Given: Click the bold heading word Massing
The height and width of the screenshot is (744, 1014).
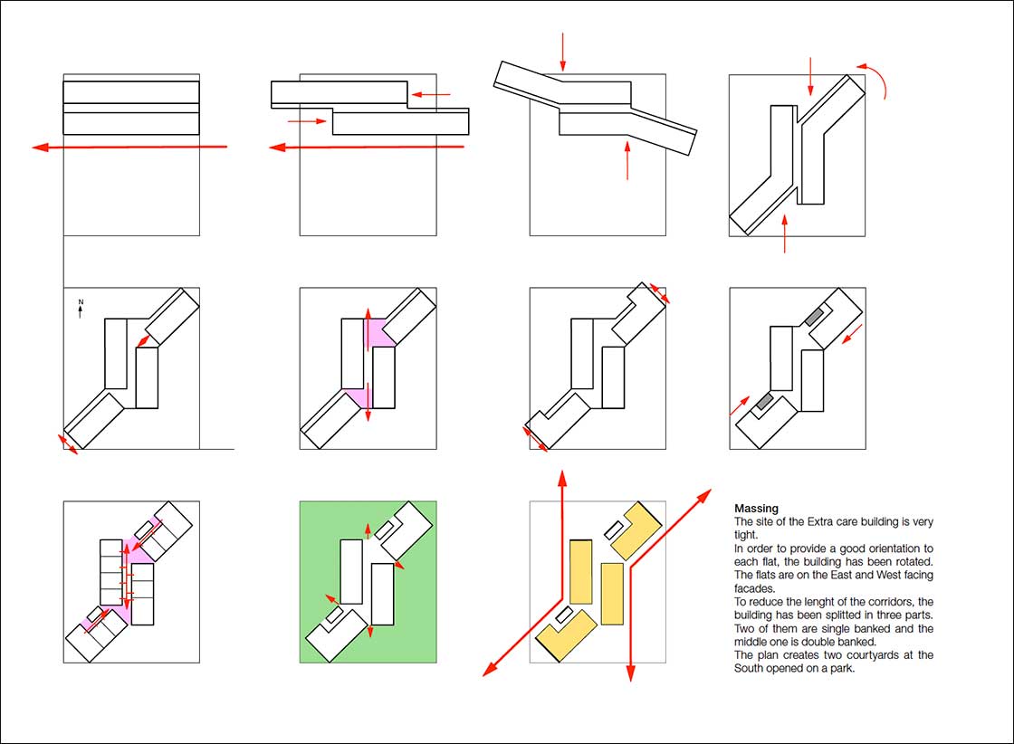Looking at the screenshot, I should [x=756, y=510].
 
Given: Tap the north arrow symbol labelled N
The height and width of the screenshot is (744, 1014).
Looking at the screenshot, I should [x=81, y=308].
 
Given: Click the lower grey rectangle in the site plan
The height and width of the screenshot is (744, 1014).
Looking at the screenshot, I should [x=765, y=400].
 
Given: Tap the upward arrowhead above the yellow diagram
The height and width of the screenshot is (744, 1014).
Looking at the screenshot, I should [x=562, y=478].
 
